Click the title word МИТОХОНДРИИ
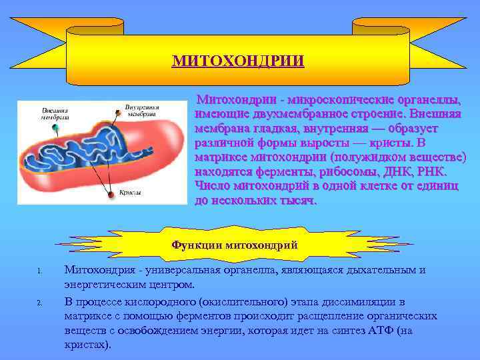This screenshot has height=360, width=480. point(238,61)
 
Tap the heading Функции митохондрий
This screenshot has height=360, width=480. point(234,245)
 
